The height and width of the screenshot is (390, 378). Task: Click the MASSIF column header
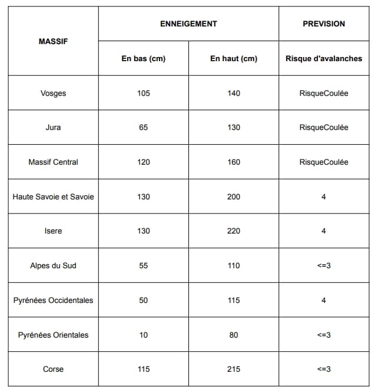[53, 41]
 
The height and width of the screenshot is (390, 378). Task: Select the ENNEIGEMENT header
[188, 24]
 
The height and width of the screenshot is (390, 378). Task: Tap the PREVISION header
[324, 24]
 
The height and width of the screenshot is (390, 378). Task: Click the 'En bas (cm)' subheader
[143, 59]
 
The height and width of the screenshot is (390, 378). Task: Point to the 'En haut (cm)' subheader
[234, 59]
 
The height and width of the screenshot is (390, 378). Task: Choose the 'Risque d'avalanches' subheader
[324, 59]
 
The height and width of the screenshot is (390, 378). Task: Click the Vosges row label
[53, 94]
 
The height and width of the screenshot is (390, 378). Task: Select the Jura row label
[53, 128]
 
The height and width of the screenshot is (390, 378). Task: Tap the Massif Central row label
[53, 162]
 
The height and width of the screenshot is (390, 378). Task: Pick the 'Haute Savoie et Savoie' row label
[53, 196]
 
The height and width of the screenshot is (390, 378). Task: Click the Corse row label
[53, 369]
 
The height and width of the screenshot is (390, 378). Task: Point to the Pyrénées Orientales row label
[53, 335]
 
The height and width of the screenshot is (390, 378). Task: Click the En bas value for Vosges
[143, 94]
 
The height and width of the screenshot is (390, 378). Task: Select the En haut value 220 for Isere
[234, 231]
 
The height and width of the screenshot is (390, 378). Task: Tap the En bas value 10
[143, 335]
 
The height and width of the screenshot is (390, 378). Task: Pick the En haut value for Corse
[234, 369]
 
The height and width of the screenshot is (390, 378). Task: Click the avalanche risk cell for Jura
[324, 128]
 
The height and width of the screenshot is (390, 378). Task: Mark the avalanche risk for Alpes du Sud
[324, 266]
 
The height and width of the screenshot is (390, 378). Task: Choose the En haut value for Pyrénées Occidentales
[234, 301]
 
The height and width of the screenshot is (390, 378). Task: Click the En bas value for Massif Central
[143, 162]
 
